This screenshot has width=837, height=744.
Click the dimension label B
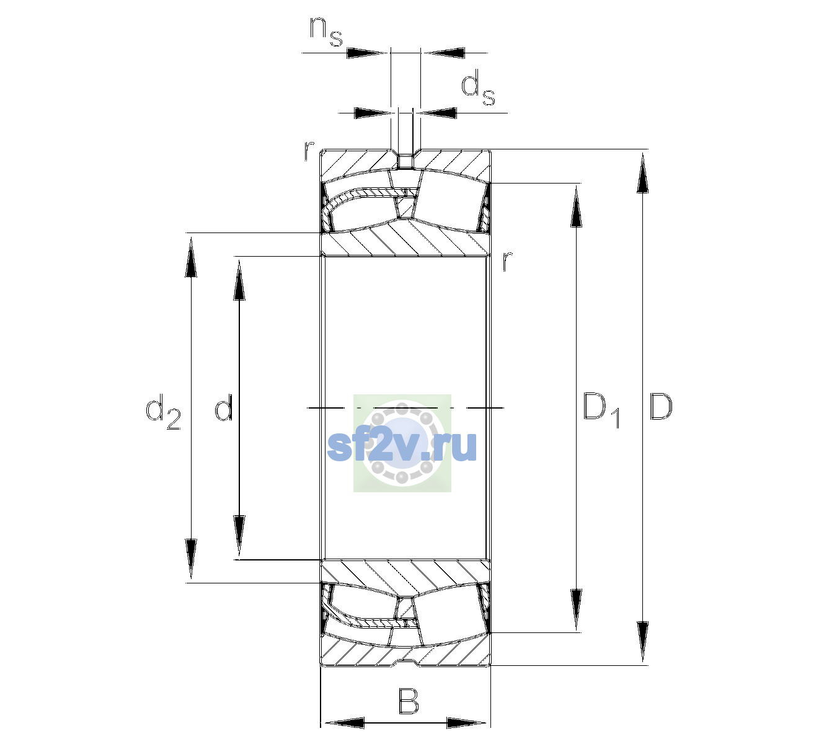(x=408, y=701)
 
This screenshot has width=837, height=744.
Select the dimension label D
(x=660, y=407)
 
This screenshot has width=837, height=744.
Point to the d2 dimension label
(x=163, y=412)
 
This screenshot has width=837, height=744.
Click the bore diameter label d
(x=223, y=407)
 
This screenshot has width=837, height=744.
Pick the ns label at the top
(x=326, y=32)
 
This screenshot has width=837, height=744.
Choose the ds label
(x=477, y=87)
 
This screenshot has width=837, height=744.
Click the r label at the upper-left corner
(x=309, y=151)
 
